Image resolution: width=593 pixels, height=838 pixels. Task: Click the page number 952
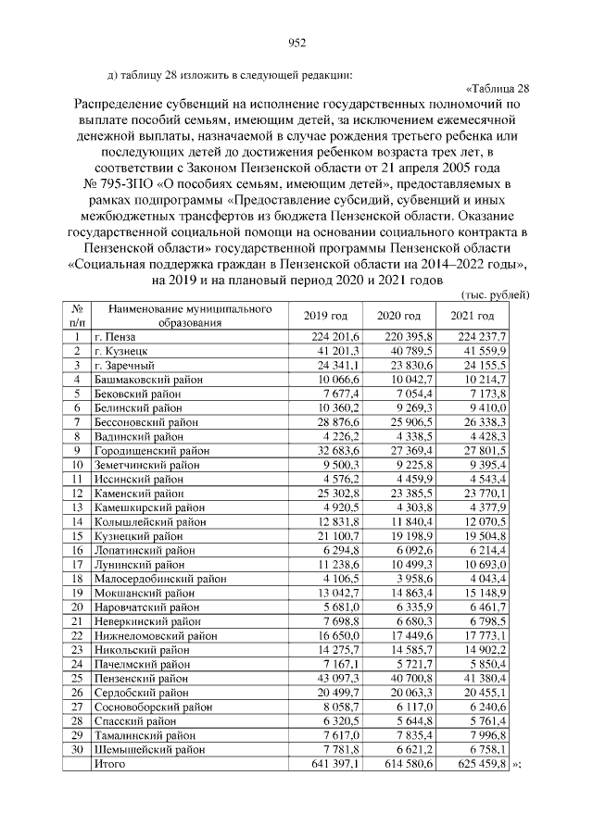[x=296, y=42]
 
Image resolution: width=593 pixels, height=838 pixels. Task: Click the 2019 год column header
[x=325, y=316]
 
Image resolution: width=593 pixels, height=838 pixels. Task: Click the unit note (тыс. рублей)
[x=495, y=294]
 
